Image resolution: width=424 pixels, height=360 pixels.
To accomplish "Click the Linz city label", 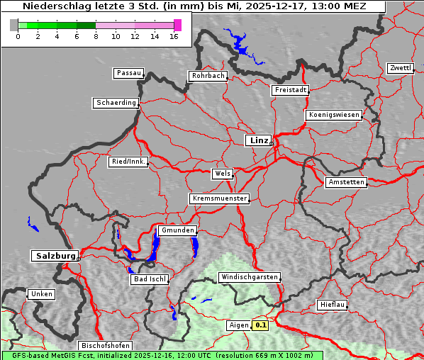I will [258, 140].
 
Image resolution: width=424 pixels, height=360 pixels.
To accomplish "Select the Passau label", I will [128, 73].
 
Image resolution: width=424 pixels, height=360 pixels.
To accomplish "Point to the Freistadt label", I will [290, 90].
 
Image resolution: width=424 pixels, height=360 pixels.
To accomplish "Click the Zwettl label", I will [400, 68].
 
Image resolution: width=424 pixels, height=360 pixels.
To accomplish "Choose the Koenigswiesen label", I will [334, 115].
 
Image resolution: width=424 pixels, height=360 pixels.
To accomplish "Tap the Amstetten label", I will [346, 182].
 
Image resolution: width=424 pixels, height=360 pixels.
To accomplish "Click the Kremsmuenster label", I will [219, 198].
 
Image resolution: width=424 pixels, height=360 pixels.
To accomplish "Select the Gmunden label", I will [177, 230].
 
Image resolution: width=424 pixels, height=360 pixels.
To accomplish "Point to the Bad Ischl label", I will [150, 279].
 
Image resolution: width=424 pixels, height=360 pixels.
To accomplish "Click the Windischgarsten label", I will [248, 277].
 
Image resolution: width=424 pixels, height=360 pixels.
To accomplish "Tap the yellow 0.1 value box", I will [261, 325].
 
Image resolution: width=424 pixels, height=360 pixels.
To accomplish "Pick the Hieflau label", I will [333, 305].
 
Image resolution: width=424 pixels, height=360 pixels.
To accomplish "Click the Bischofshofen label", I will [104, 345].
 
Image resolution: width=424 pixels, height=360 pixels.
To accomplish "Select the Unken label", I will [41, 293].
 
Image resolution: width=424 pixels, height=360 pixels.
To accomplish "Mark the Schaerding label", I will [116, 103].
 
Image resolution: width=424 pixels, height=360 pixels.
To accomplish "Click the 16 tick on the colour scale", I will [174, 36].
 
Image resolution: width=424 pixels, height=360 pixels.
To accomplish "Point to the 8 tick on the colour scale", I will [96, 36].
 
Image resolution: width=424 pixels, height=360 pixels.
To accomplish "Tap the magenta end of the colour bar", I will [177, 25].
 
